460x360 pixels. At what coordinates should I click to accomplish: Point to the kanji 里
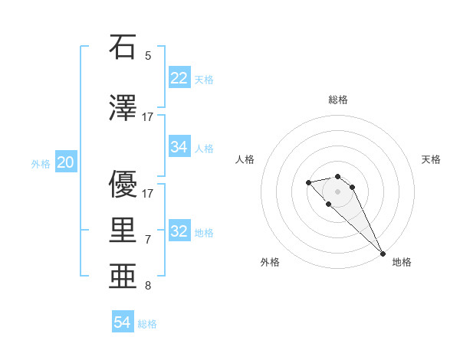[123, 230]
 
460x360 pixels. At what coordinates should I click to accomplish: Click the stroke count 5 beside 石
[148, 56]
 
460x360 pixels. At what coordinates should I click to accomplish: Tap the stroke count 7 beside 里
[148, 240]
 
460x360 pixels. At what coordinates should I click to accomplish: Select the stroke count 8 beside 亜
[148, 286]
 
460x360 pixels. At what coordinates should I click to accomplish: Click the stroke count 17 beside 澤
[148, 117]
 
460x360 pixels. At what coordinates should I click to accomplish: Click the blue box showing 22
[179, 78]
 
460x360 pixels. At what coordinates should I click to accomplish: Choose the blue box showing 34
[179, 147]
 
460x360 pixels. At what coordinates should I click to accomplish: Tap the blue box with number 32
[179, 231]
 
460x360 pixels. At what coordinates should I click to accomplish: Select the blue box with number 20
[66, 162]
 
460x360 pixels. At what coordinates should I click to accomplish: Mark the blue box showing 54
[123, 323]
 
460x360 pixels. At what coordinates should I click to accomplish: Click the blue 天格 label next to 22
[204, 80]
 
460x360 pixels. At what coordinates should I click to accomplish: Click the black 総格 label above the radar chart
[338, 100]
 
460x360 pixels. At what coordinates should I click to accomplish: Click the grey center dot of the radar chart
[337, 191]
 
